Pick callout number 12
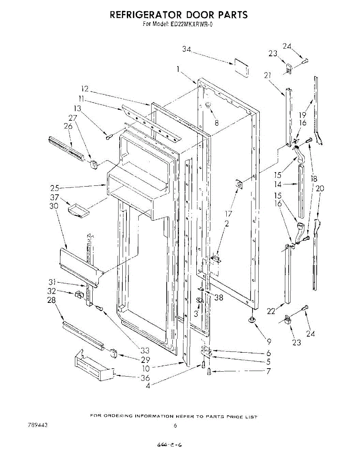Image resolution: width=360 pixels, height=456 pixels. (x=85, y=89)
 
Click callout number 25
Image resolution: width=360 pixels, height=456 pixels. (x=55, y=188)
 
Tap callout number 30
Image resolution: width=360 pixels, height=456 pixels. (x=54, y=206)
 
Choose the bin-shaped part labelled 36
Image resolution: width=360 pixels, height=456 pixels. (x=94, y=366)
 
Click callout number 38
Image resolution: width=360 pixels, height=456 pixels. (x=218, y=298)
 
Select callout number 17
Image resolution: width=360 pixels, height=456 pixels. (x=229, y=214)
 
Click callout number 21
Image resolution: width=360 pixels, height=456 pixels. (x=268, y=76)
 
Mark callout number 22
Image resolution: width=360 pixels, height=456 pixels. (x=270, y=311)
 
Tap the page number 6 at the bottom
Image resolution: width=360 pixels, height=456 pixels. (x=175, y=426)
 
